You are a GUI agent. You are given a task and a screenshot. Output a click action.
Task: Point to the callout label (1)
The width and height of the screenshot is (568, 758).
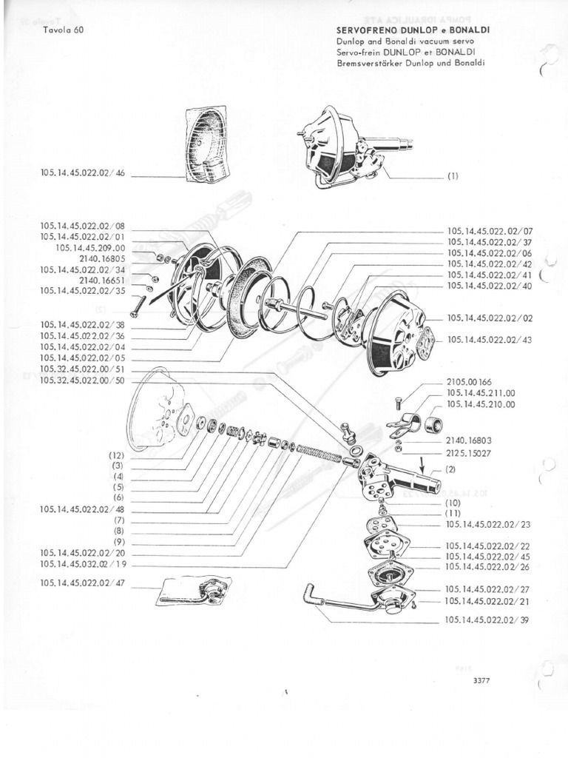click(453, 176)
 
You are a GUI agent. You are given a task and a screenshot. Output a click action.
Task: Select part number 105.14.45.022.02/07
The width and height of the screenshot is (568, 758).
click(490, 231)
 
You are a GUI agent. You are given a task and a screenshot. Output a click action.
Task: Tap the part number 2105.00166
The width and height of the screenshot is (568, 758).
click(470, 382)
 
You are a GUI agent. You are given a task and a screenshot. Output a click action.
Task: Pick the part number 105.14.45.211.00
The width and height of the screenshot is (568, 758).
click(481, 393)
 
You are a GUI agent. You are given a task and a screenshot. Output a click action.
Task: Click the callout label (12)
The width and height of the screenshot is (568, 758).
click(117, 455)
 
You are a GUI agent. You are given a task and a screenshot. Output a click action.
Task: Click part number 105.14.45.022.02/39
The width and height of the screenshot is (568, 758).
click(488, 620)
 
